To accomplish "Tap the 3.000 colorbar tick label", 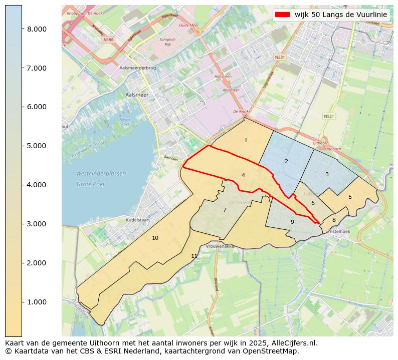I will point(37,224).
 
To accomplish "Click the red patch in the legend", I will point(283,15).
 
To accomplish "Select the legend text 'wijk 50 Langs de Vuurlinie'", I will point(341,15).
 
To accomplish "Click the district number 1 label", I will point(246,141).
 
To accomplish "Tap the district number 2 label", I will point(286,161).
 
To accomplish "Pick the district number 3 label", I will point(327,174).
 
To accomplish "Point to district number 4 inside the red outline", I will point(243,175).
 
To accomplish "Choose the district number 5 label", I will point(350,197).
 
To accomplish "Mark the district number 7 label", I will point(225,210).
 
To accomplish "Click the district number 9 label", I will point(292,222).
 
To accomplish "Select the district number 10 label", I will point(155,238).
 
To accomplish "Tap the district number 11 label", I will point(194,256).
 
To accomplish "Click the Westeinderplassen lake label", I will point(101,174).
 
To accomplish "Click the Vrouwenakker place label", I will point(221,247).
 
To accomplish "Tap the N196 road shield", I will point(109,40).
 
